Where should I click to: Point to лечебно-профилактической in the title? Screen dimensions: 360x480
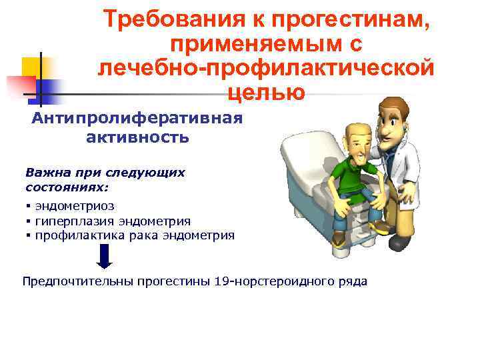[266, 67]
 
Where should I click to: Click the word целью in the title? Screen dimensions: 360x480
[266, 91]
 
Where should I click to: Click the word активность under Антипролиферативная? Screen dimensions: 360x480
[137, 138]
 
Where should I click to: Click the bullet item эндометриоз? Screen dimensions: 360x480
[75, 207]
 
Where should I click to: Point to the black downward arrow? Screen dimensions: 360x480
[105, 257]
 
